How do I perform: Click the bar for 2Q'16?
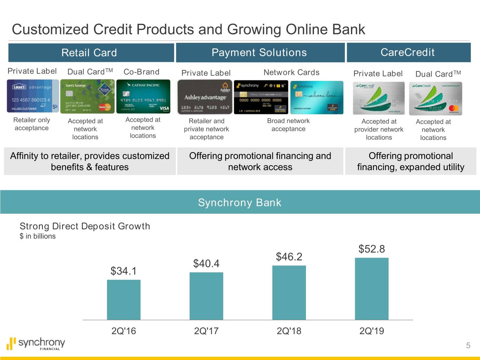[x=123, y=300]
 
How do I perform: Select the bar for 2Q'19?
[x=372, y=289]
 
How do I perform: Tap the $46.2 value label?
[x=289, y=257]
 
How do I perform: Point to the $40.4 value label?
[x=206, y=263]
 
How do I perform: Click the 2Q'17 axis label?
[x=206, y=331]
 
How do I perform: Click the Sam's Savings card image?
[x=87, y=96]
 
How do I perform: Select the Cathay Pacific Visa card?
[x=143, y=96]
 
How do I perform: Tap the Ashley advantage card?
[x=205, y=97]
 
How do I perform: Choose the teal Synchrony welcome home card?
[x=316, y=97]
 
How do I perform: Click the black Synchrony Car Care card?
[x=261, y=97]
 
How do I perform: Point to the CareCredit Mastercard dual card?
[x=435, y=98]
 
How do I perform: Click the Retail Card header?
[x=89, y=53]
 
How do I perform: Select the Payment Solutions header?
[x=259, y=53]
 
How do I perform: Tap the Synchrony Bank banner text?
[x=239, y=202]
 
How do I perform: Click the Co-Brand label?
[x=141, y=72]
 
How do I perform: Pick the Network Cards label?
[x=291, y=72]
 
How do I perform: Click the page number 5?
[x=468, y=346]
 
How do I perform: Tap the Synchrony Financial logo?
[x=36, y=343]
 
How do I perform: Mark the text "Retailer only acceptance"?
[x=32, y=124]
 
